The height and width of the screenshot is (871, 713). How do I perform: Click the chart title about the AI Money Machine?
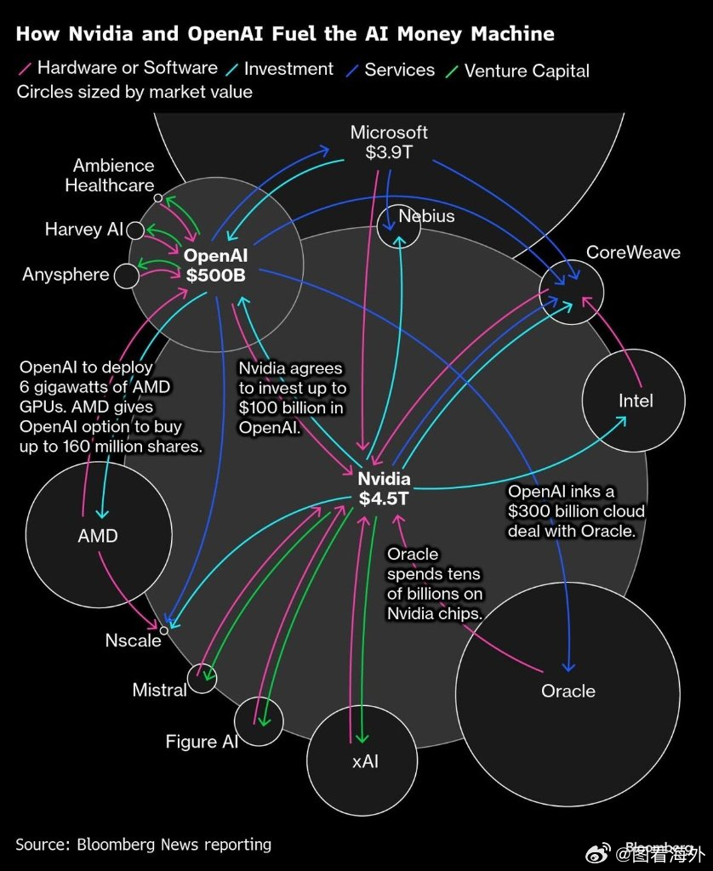click(285, 34)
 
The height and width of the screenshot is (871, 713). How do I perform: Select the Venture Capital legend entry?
click(527, 71)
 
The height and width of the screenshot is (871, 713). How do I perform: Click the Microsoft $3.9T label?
click(389, 143)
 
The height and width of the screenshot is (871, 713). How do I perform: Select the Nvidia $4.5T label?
click(384, 489)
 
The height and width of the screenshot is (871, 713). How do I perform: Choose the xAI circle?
click(364, 760)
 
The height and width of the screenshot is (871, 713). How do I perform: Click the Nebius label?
click(426, 216)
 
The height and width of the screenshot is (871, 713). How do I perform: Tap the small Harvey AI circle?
click(135, 230)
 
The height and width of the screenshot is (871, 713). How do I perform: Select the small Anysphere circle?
click(126, 276)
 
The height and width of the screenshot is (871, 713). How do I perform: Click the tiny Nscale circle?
click(164, 630)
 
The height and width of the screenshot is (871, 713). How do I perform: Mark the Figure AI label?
click(202, 742)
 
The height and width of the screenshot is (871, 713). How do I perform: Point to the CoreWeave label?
click(633, 253)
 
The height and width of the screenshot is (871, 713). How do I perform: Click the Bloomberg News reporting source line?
click(143, 845)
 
